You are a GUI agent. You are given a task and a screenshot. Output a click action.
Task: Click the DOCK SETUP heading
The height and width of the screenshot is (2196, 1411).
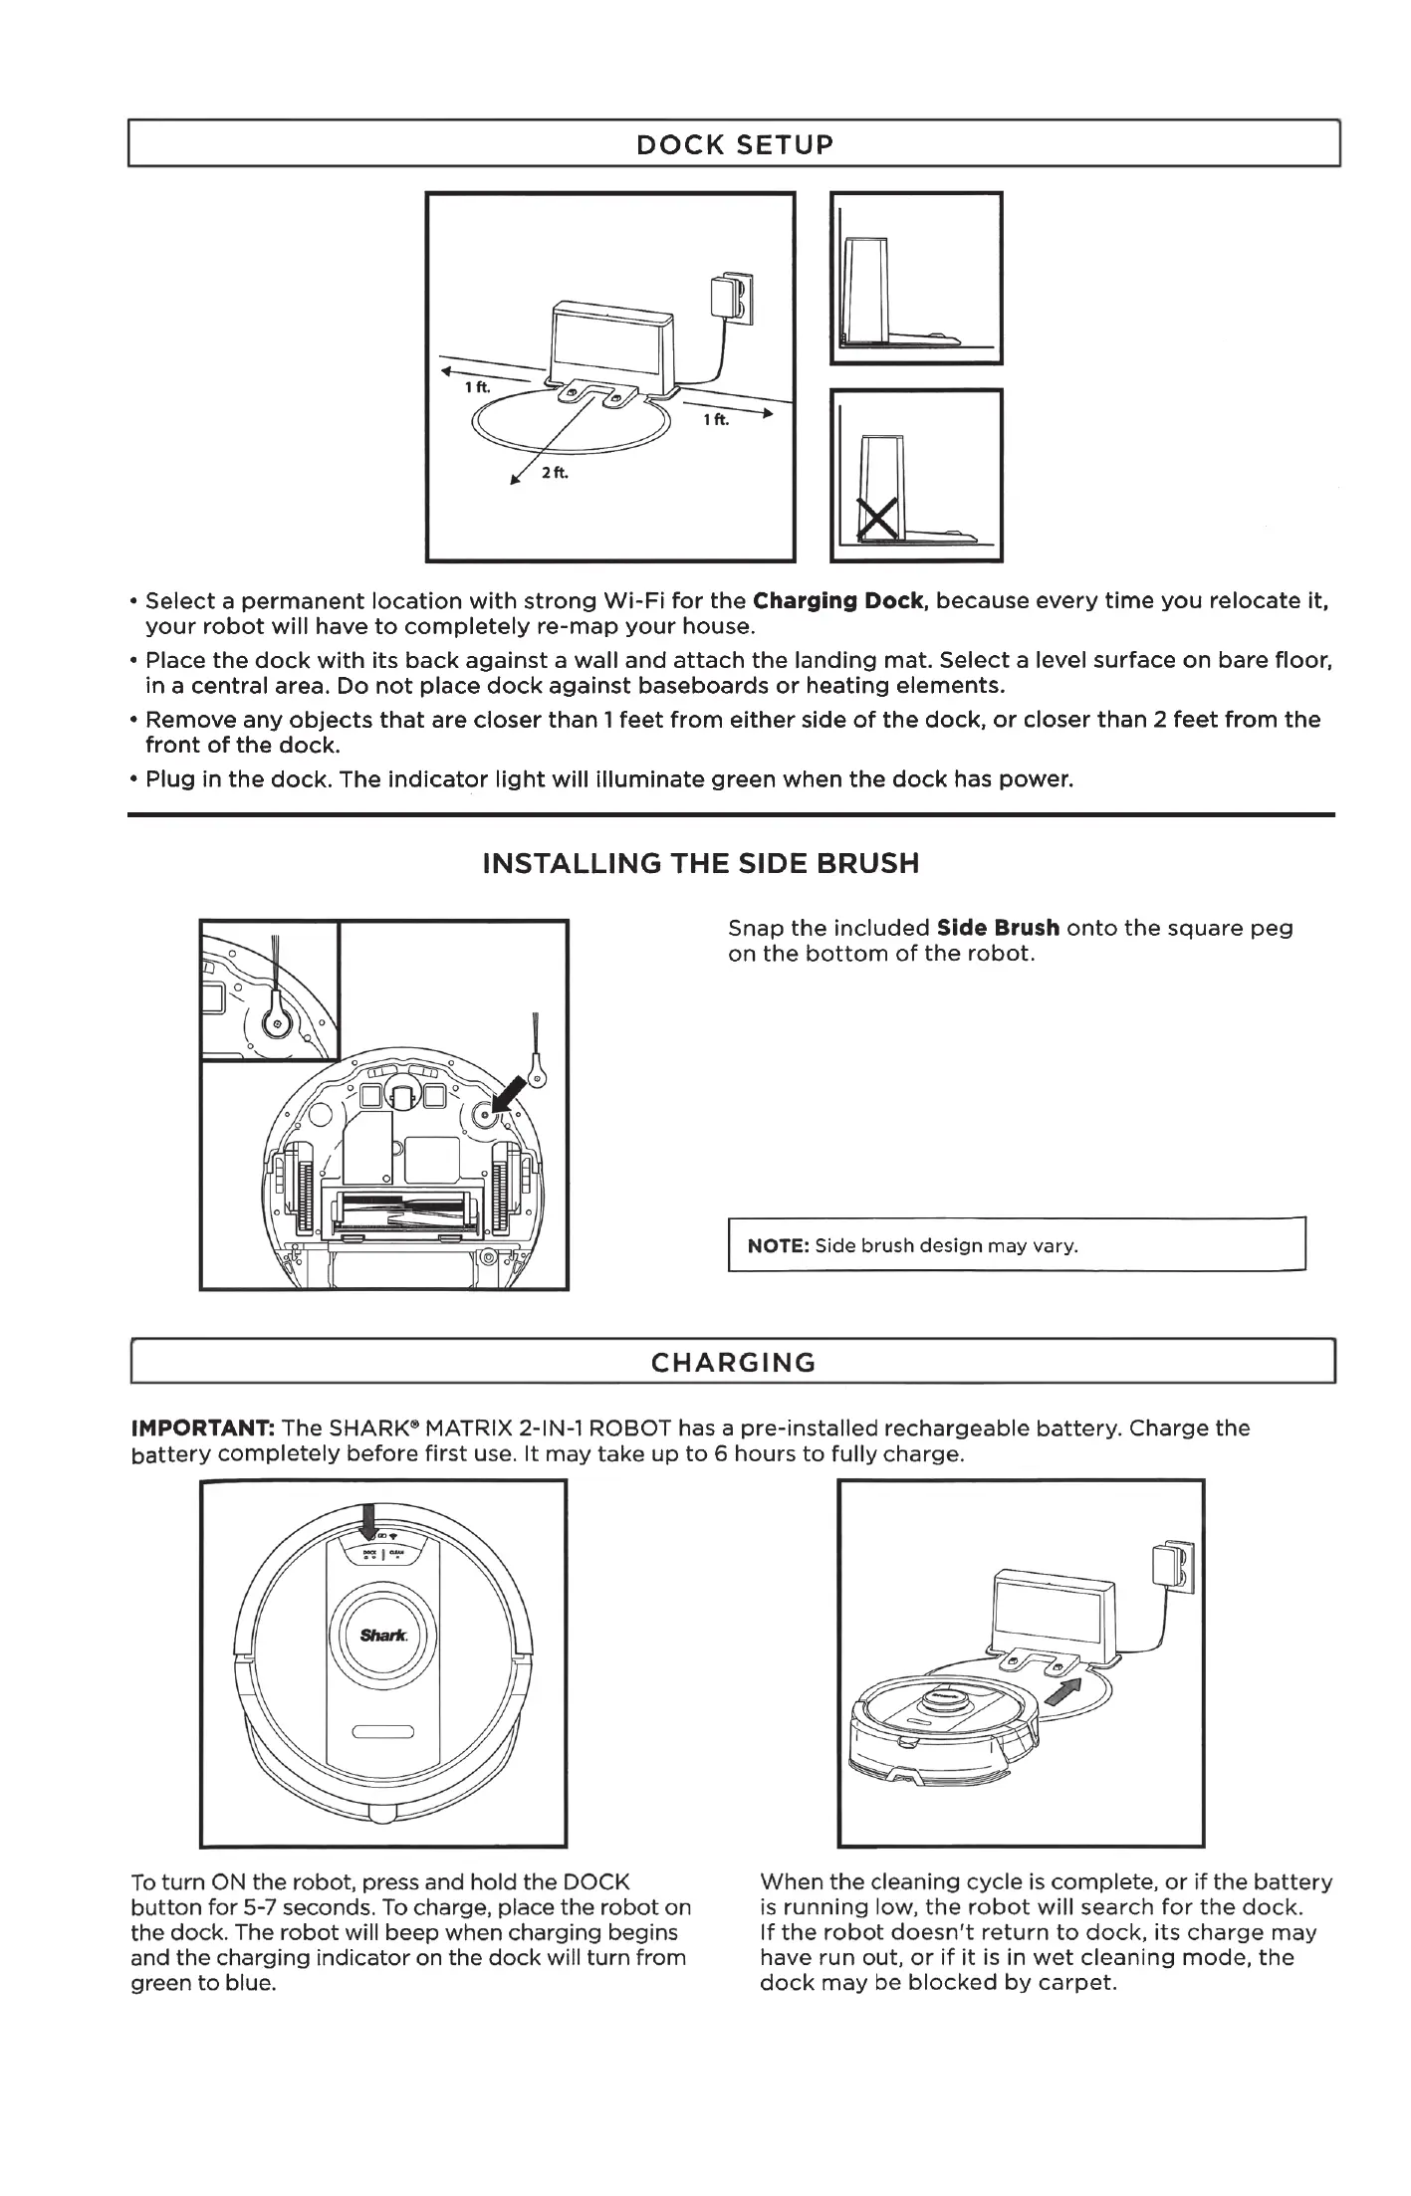(x=734, y=144)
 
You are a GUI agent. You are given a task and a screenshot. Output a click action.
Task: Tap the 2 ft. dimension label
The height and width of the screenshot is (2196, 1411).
(x=555, y=472)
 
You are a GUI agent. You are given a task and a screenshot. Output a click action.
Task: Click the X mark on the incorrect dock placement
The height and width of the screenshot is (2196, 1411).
(x=877, y=520)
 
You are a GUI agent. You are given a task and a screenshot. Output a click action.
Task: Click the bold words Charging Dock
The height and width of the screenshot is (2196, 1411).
(x=841, y=601)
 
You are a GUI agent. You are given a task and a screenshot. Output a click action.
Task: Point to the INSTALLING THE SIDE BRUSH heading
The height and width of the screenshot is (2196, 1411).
(x=700, y=863)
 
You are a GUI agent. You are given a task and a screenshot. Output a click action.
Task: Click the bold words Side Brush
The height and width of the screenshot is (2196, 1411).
(x=998, y=928)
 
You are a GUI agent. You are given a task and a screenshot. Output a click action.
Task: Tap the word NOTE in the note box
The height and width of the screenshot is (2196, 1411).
(x=779, y=1245)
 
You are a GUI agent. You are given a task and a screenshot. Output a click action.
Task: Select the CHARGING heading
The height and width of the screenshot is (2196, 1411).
(x=733, y=1363)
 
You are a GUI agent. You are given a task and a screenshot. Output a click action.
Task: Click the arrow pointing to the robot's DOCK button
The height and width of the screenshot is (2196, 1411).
(x=368, y=1523)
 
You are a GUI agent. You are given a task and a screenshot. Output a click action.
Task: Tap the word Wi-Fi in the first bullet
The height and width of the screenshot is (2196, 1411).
(x=635, y=601)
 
